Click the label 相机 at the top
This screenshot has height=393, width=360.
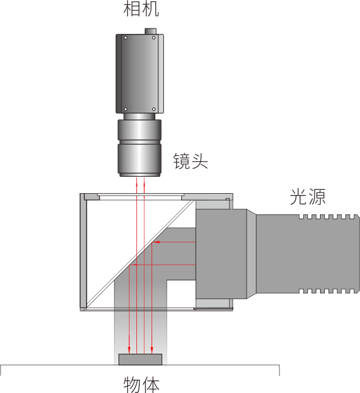tap(141, 9)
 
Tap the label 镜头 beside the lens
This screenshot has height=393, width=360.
tap(191, 161)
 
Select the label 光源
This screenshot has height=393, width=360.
tap(308, 197)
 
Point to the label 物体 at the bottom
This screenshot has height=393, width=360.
tap(141, 385)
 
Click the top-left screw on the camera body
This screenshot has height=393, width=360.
tap(125, 38)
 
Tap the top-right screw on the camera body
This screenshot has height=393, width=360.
tap(154, 38)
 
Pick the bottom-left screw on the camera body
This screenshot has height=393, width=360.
tap(125, 109)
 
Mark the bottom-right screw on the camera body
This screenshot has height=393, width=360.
tap(154, 109)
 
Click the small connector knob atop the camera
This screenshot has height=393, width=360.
tap(150, 31)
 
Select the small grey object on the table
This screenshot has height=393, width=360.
tap(140, 360)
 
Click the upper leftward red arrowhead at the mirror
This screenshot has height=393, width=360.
tap(156, 242)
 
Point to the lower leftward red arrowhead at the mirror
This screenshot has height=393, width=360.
tap(135, 265)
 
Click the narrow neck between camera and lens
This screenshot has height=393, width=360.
tap(139, 116)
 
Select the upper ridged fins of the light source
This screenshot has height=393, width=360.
tap(328, 217)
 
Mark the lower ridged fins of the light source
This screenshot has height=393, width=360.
tap(328, 291)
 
